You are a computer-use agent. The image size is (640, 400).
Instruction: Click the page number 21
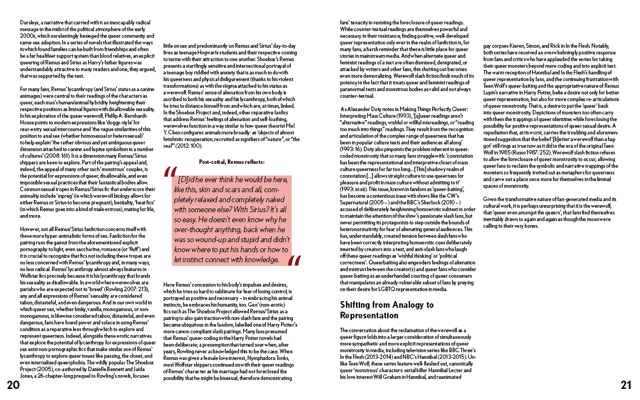point(626,385)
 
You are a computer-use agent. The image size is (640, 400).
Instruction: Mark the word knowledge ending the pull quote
point(265,259)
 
